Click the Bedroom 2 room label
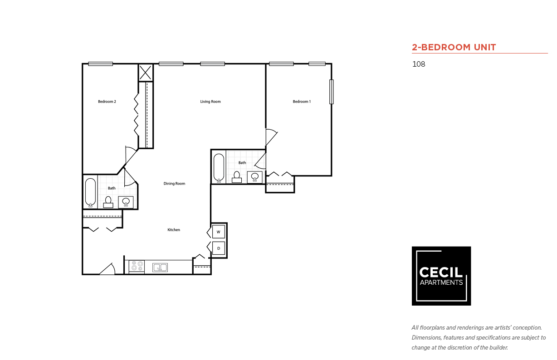point(107,102)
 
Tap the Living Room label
point(210,102)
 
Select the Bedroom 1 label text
point(302,102)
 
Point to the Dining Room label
point(174,184)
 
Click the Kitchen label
point(174,230)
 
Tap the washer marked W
point(219,232)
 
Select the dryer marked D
point(219,248)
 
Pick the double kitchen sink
point(160,268)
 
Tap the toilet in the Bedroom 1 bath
point(237,177)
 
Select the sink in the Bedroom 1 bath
point(254,177)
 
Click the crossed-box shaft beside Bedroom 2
point(146,73)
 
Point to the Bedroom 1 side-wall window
point(332,92)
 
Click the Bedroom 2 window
point(100,64)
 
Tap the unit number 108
point(419,64)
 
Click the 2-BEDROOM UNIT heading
point(454,47)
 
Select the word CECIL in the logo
point(441,272)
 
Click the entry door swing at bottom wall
point(107,269)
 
